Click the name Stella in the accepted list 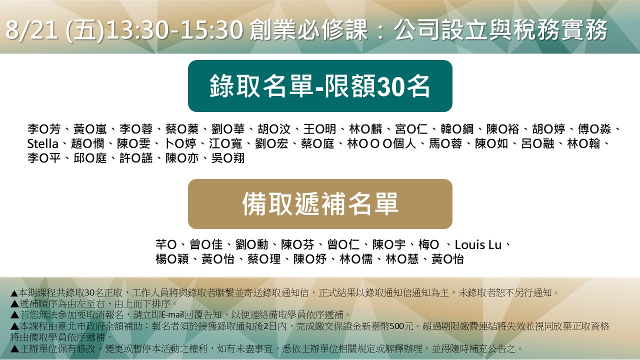pyautogui.click(x=43, y=143)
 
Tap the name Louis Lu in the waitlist pyautogui.click(x=478, y=245)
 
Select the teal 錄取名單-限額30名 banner pyautogui.click(x=320, y=85)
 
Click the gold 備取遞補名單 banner pyautogui.click(x=320, y=204)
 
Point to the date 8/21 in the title pyautogui.click(x=31, y=30)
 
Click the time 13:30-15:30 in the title pyautogui.click(x=175, y=30)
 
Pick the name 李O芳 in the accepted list pyautogui.click(x=44, y=129)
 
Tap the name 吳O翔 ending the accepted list pyautogui.click(x=228, y=158)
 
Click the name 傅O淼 pyautogui.click(x=594, y=129)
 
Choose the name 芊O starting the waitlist pyautogui.click(x=166, y=245)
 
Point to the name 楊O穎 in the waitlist pyautogui.click(x=172, y=259)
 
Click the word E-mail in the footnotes pyautogui.click(x=172, y=315)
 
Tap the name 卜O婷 pyautogui.click(x=180, y=143)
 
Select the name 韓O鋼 pyautogui.click(x=457, y=129)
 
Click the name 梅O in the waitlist pyautogui.click(x=428, y=245)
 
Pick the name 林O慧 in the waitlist pyautogui.click(x=402, y=259)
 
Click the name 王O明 pyautogui.click(x=319, y=129)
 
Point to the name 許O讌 pyautogui.click(x=136, y=158)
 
